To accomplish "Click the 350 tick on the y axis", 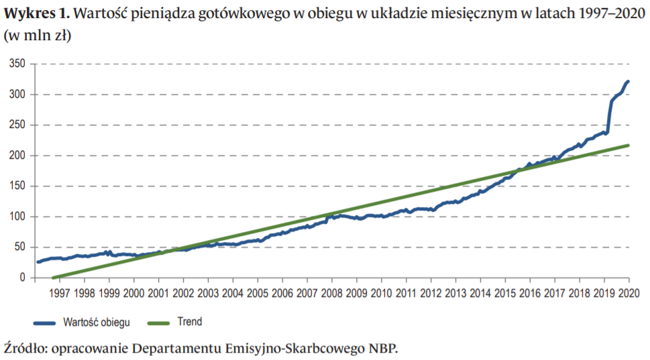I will coord(16,64).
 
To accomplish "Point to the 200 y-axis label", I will coord(16,156).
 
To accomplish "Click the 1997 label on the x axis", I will coord(60,293).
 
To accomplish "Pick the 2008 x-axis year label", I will coord(331,293).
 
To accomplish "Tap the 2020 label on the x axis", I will coord(628,293).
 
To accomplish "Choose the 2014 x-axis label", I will coord(480,293).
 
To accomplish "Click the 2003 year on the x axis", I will coord(208,293).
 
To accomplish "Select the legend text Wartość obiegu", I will coord(97,322).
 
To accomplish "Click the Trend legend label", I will coord(189,322).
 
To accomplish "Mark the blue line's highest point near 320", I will coord(628,81).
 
